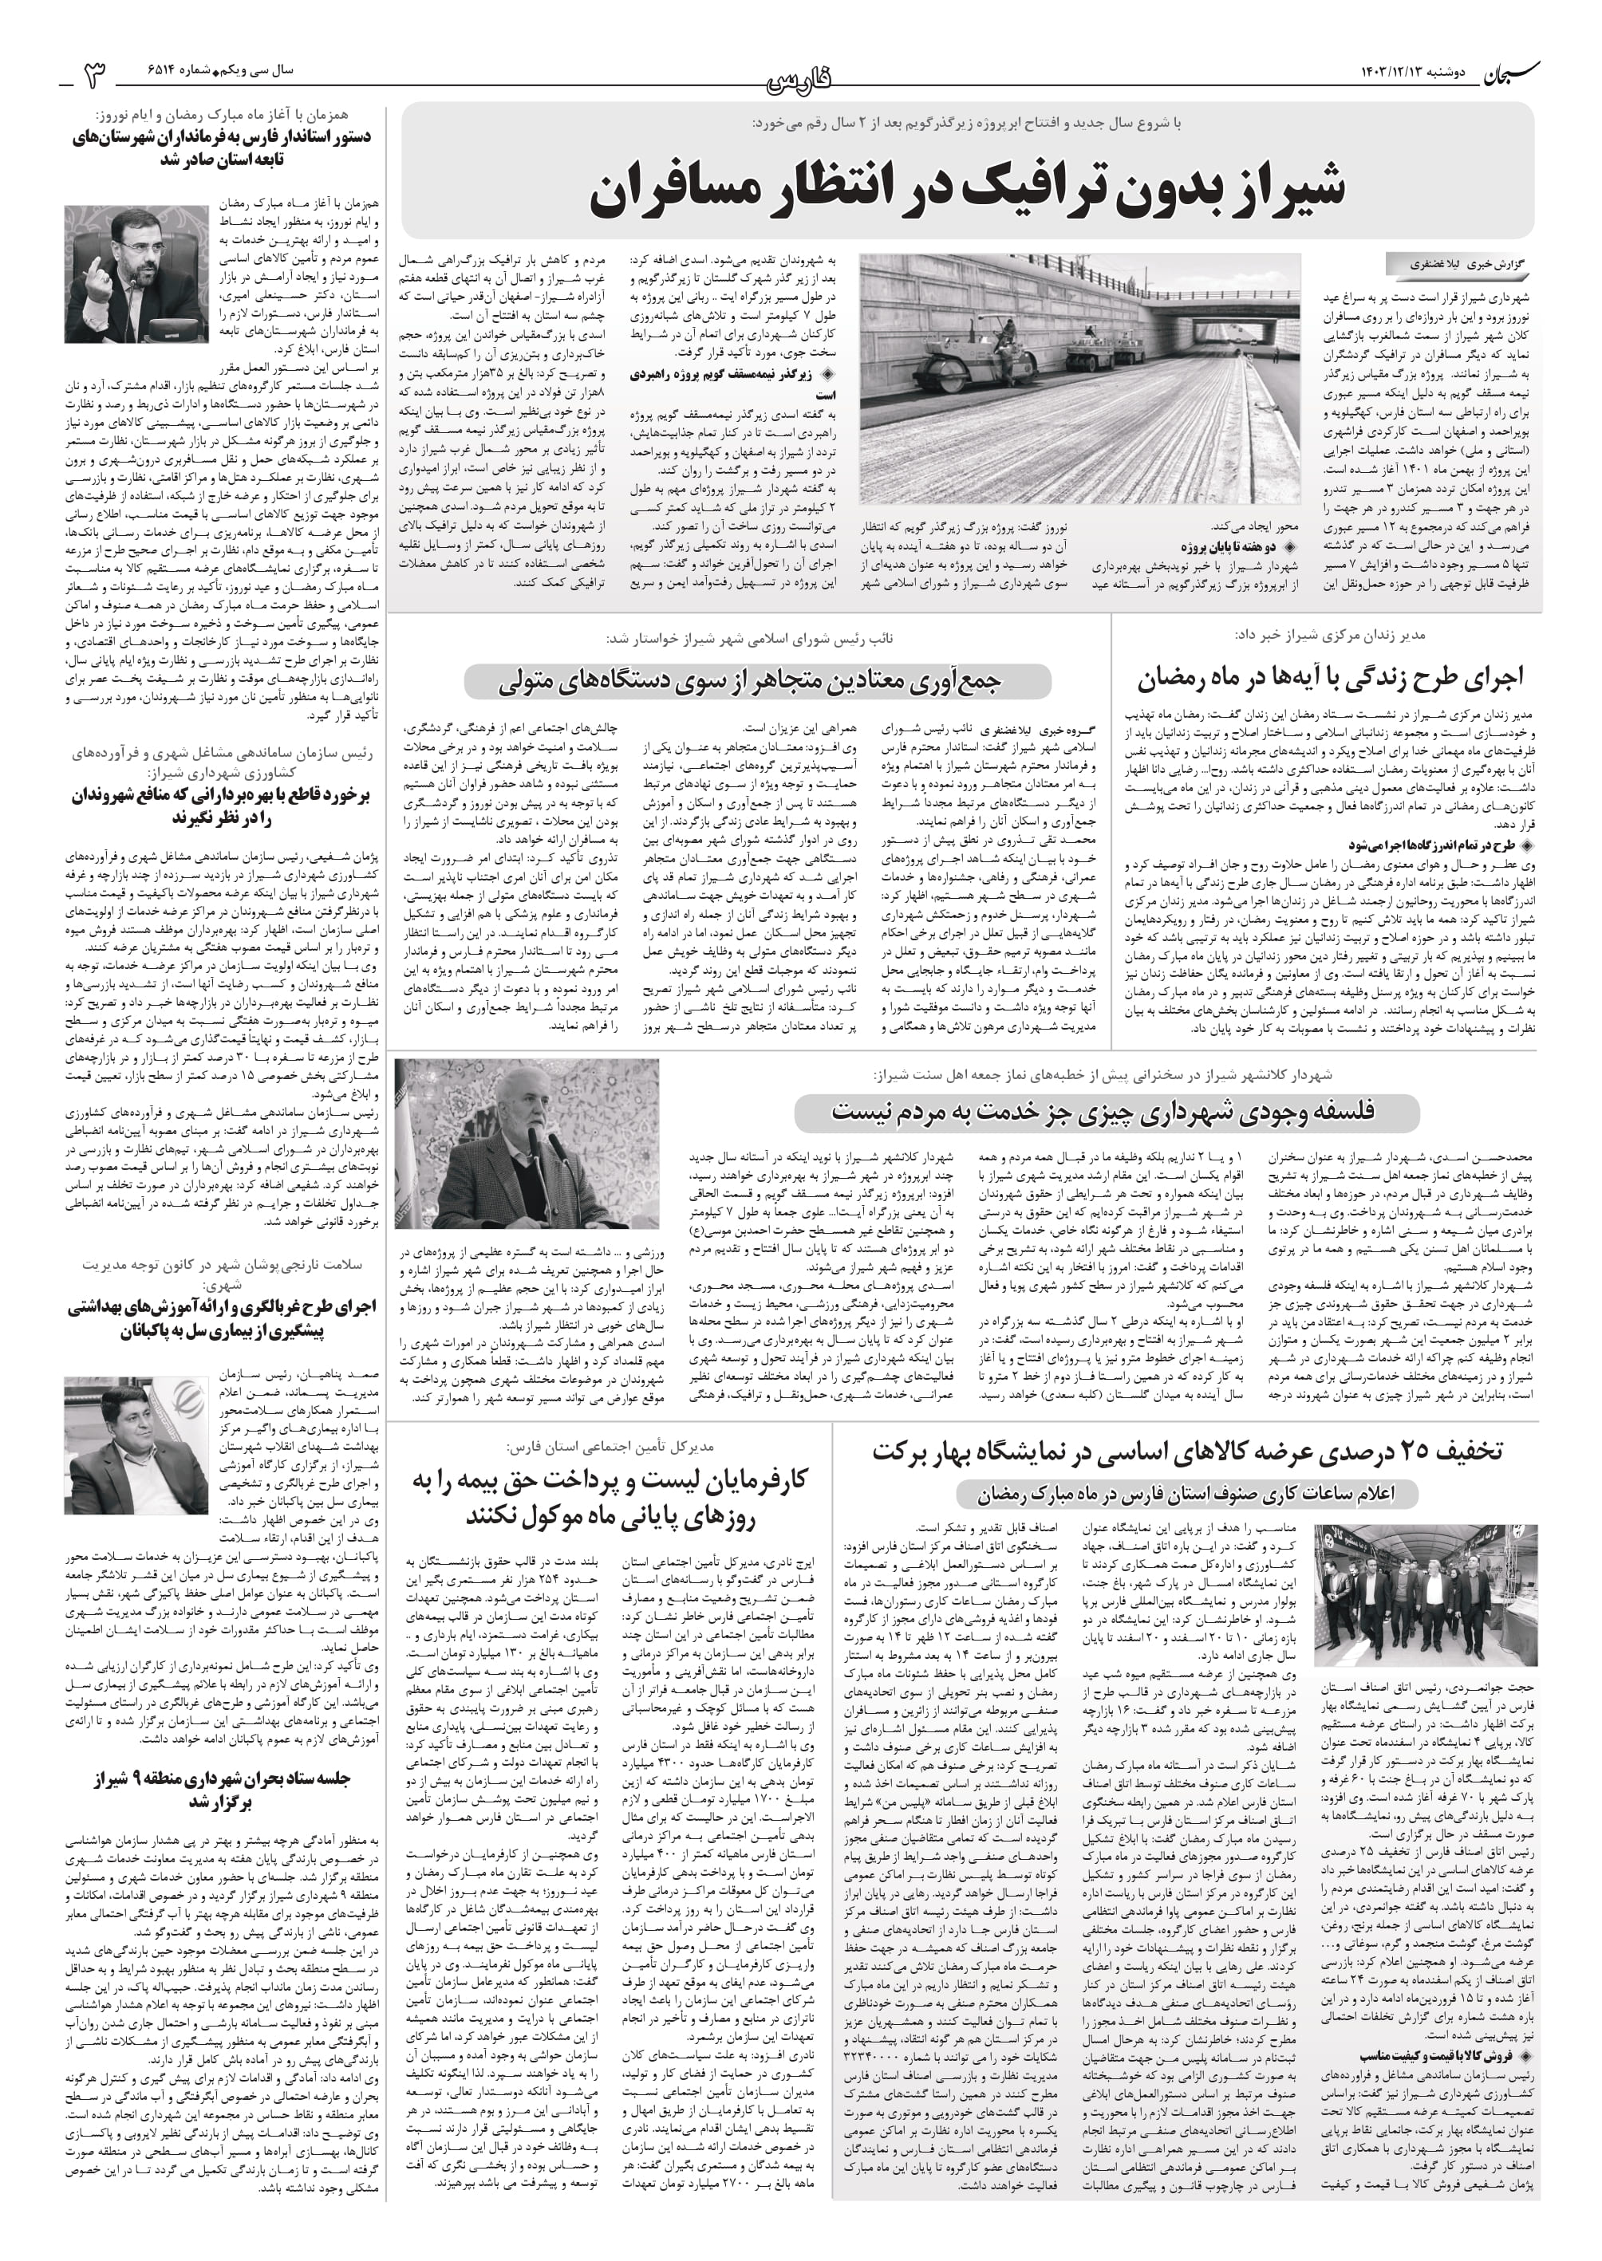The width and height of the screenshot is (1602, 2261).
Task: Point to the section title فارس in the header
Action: (800, 79)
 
